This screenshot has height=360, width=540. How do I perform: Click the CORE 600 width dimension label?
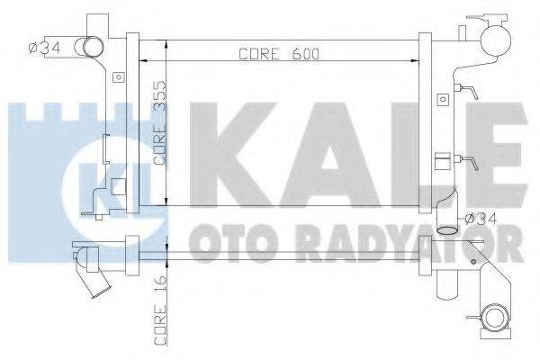(x=279, y=52)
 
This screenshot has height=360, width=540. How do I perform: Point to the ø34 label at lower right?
(x=482, y=217)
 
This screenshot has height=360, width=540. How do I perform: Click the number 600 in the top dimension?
(x=306, y=52)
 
